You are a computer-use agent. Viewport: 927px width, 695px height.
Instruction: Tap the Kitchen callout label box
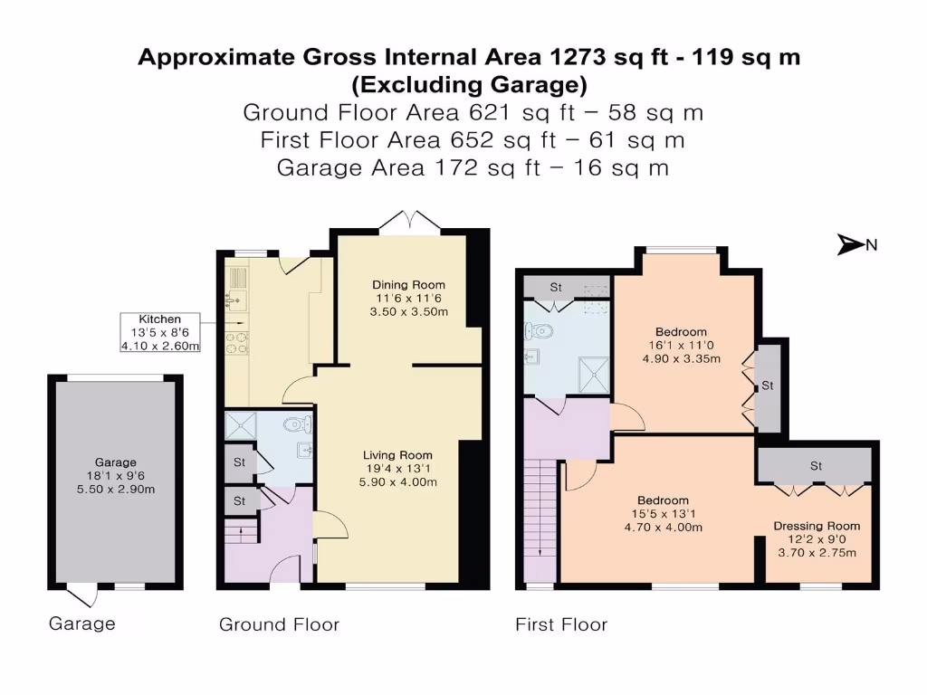(159, 333)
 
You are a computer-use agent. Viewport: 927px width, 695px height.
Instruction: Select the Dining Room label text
(409, 285)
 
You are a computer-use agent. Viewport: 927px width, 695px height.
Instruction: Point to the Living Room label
(397, 455)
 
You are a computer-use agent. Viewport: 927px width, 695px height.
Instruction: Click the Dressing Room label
(817, 526)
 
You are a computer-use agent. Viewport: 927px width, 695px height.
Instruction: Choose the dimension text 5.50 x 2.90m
(116, 490)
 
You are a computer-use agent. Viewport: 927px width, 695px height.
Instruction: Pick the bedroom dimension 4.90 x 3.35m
(683, 358)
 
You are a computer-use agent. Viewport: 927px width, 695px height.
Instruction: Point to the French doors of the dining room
(409, 221)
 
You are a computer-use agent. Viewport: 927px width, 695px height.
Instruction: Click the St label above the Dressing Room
(816, 466)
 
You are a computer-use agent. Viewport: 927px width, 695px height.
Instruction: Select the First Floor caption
(561, 624)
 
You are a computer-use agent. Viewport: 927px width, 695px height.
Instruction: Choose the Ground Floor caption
(279, 624)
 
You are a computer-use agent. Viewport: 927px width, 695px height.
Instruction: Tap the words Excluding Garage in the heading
(469, 86)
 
